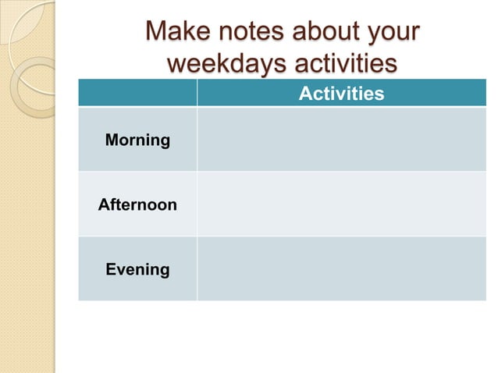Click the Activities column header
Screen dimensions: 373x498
click(x=341, y=94)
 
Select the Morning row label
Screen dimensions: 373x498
click(x=137, y=140)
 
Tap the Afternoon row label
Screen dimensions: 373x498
click(x=137, y=205)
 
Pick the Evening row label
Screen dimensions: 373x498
click(x=137, y=269)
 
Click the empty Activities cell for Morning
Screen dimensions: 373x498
click(x=341, y=140)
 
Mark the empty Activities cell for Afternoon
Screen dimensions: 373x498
click(x=341, y=204)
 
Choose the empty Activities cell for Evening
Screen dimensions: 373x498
click(x=341, y=269)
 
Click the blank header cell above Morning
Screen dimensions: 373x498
click(x=137, y=94)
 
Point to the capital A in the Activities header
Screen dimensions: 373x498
click(x=305, y=94)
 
